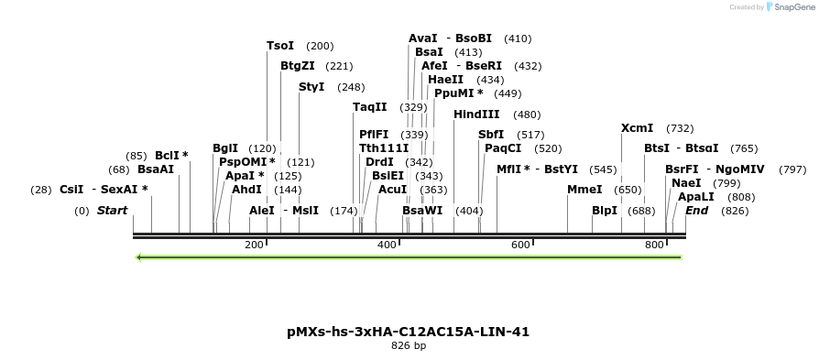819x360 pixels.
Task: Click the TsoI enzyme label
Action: tap(280, 46)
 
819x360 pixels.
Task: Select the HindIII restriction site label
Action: tap(476, 115)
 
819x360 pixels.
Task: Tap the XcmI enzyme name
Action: tap(637, 128)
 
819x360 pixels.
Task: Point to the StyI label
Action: tap(311, 87)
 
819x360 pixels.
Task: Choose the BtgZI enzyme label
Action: tap(298, 66)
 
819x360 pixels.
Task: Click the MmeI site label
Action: tap(584, 190)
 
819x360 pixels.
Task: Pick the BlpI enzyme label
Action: tap(605, 211)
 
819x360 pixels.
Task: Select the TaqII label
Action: tap(370, 107)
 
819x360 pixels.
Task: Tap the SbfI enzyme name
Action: tap(491, 135)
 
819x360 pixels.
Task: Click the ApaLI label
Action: tap(695, 196)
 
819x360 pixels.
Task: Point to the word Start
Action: tap(112, 211)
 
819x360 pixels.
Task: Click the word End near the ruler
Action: tap(696, 211)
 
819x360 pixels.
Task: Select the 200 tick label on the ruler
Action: tap(254, 245)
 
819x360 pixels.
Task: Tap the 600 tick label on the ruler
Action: tap(521, 245)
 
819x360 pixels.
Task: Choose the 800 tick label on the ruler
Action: tap(654, 245)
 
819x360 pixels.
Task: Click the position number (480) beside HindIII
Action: tap(527, 115)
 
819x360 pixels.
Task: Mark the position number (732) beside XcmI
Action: tap(680, 128)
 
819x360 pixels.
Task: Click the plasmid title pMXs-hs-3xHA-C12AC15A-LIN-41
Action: tap(409, 332)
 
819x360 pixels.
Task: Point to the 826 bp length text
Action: tap(409, 346)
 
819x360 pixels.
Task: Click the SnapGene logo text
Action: tap(791, 7)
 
